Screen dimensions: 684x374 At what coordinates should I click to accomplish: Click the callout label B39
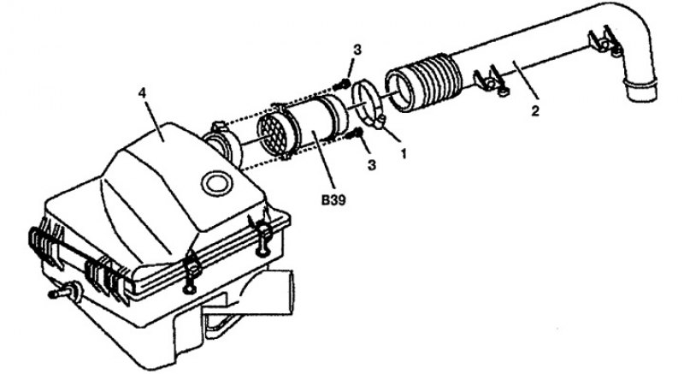point(333,200)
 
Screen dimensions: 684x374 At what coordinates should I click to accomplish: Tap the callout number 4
point(142,93)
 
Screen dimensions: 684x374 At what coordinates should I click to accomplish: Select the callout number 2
point(535,110)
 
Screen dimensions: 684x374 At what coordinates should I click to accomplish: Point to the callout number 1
point(404,153)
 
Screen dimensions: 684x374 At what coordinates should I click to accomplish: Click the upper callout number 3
point(357,50)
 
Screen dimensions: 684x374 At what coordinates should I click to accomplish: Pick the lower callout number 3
point(372,165)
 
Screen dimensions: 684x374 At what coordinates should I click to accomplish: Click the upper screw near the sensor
point(344,84)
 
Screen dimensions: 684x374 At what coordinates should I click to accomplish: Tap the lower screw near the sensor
point(355,134)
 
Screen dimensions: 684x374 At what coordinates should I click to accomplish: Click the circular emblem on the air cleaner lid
point(216,183)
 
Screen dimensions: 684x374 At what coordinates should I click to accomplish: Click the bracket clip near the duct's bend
point(605,41)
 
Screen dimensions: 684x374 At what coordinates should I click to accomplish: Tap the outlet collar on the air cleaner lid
point(223,144)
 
